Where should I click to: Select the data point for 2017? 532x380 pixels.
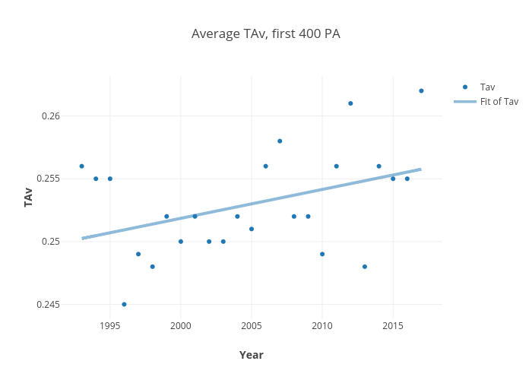pos(421,90)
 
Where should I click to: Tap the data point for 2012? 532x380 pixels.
pos(350,103)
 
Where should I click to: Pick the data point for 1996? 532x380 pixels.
pos(124,304)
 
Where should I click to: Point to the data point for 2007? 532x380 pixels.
pos(280,141)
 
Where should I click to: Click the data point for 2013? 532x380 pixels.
pos(365,266)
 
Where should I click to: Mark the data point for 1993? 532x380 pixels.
pos(81,166)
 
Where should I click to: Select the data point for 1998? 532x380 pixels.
pos(152,266)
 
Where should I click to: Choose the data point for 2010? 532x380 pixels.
pos(322,254)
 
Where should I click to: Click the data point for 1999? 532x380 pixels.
pos(166,216)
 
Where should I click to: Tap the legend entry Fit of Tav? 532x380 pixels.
pos(499,102)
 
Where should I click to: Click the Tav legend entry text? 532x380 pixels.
pos(488,87)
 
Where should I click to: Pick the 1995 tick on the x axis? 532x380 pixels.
pos(110,326)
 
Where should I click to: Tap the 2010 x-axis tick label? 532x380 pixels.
pos(322,326)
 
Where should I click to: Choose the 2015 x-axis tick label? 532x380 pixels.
pos(393,326)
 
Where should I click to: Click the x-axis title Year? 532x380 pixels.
pos(252,355)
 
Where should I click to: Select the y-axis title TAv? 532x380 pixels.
pos(29,198)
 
